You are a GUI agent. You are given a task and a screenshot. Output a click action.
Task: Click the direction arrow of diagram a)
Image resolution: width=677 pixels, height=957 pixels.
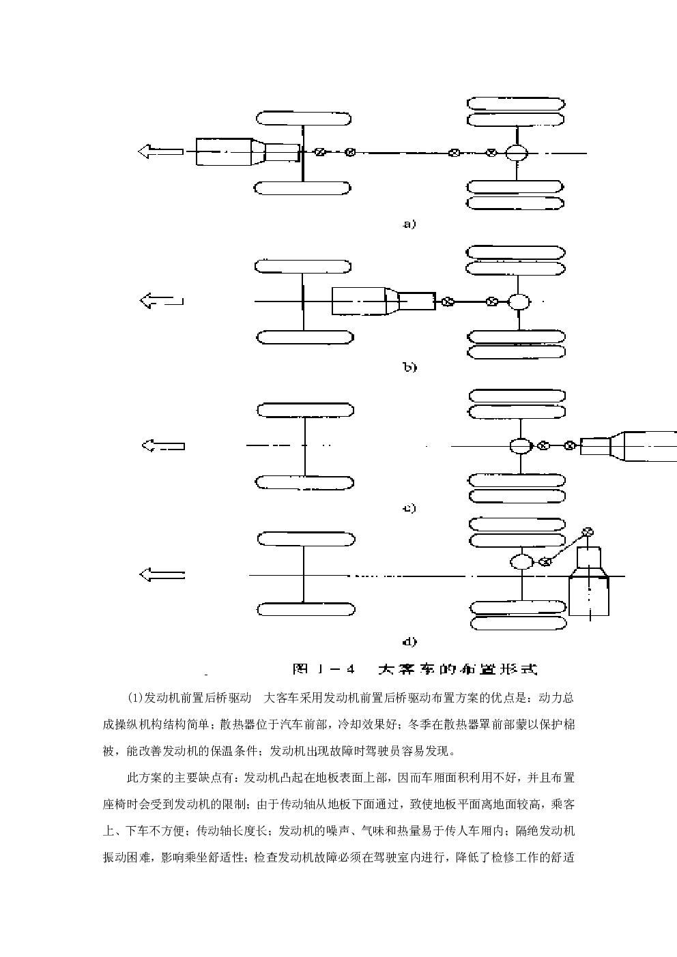160,151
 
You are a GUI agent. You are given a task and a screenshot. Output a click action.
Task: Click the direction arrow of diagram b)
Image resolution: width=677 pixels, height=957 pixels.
162,300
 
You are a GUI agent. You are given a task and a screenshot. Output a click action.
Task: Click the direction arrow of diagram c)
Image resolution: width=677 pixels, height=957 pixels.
163,445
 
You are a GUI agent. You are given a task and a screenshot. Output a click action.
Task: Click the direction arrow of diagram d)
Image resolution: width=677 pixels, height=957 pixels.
162,574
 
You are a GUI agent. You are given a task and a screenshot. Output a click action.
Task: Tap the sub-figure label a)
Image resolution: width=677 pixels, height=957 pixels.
409,224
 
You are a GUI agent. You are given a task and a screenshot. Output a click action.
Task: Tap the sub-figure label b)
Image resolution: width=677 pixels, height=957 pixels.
410,367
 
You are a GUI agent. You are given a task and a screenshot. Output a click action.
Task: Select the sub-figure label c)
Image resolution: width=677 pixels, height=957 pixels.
409,508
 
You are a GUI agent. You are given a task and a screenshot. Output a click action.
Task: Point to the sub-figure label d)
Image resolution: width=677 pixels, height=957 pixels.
409,641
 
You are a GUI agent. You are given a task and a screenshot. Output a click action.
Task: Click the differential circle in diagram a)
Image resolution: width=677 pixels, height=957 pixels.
517,153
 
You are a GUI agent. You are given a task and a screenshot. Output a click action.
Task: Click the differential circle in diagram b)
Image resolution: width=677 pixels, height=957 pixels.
519,301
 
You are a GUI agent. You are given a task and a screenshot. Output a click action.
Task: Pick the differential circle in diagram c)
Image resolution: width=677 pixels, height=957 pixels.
521,445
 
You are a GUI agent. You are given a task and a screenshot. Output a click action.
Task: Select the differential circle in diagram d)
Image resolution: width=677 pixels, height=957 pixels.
522,561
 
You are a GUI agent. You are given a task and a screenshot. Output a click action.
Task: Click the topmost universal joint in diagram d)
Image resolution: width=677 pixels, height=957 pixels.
588,532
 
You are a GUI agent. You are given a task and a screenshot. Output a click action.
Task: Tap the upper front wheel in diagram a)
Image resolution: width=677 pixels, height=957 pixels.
304,118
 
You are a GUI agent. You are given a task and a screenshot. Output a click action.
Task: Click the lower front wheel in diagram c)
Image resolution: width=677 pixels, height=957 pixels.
305,483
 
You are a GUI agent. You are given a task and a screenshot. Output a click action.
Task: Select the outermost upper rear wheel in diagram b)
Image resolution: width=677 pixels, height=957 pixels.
515,252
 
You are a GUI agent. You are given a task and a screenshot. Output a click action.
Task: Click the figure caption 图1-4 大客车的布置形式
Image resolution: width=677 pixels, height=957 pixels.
414,669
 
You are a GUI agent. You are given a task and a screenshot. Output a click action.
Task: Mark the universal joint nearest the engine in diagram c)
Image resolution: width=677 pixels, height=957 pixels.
569,445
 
